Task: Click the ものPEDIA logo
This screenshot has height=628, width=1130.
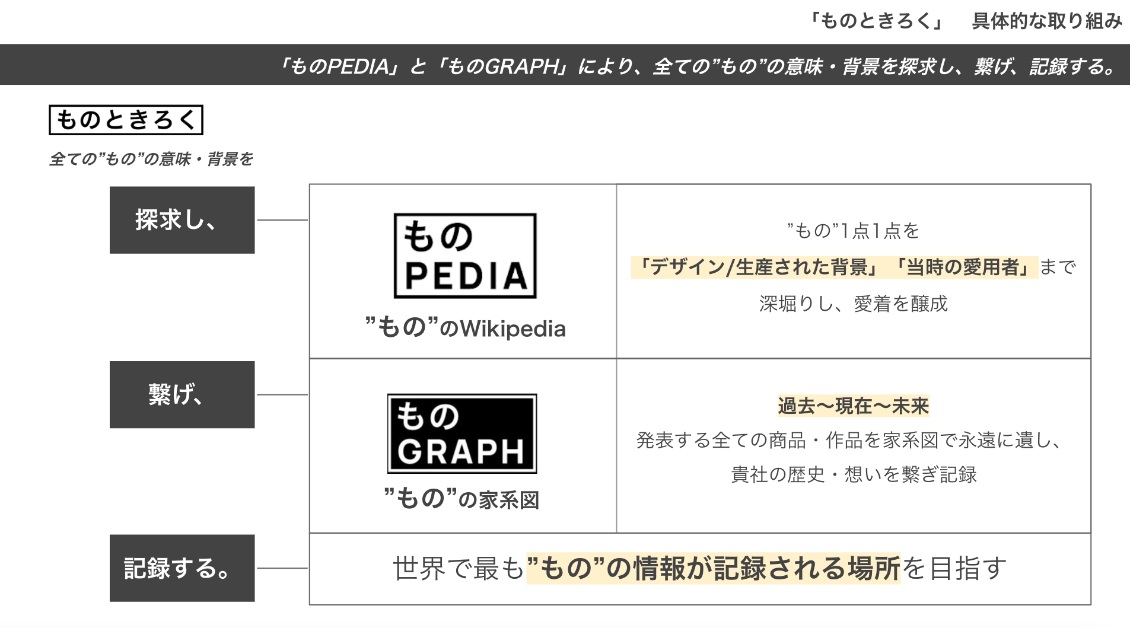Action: click(x=465, y=256)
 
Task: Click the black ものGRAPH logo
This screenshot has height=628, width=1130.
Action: click(x=462, y=433)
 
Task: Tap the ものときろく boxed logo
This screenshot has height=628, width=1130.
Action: click(x=126, y=120)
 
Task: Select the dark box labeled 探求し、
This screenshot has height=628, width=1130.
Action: click(x=182, y=220)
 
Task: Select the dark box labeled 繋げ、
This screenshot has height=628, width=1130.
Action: click(x=182, y=394)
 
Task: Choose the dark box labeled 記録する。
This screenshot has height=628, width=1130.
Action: click(x=182, y=568)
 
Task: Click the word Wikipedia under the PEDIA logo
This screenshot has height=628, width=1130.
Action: click(x=513, y=329)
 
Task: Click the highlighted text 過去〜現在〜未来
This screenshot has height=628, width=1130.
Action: click(x=853, y=406)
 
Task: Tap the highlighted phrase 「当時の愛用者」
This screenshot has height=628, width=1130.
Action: click(x=965, y=267)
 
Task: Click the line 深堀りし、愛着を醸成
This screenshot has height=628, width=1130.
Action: click(x=853, y=304)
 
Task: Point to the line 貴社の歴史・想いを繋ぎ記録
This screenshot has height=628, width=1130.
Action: click(x=853, y=474)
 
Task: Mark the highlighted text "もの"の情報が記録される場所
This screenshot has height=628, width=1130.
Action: click(x=713, y=568)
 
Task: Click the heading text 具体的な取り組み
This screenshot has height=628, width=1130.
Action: click(x=1046, y=21)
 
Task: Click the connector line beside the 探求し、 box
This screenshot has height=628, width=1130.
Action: click(x=282, y=220)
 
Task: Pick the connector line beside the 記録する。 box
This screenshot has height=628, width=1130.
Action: click(x=282, y=568)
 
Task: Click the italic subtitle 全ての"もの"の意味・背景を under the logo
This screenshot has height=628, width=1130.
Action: click(x=151, y=159)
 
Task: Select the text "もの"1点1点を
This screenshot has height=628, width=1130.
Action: click(x=853, y=230)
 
